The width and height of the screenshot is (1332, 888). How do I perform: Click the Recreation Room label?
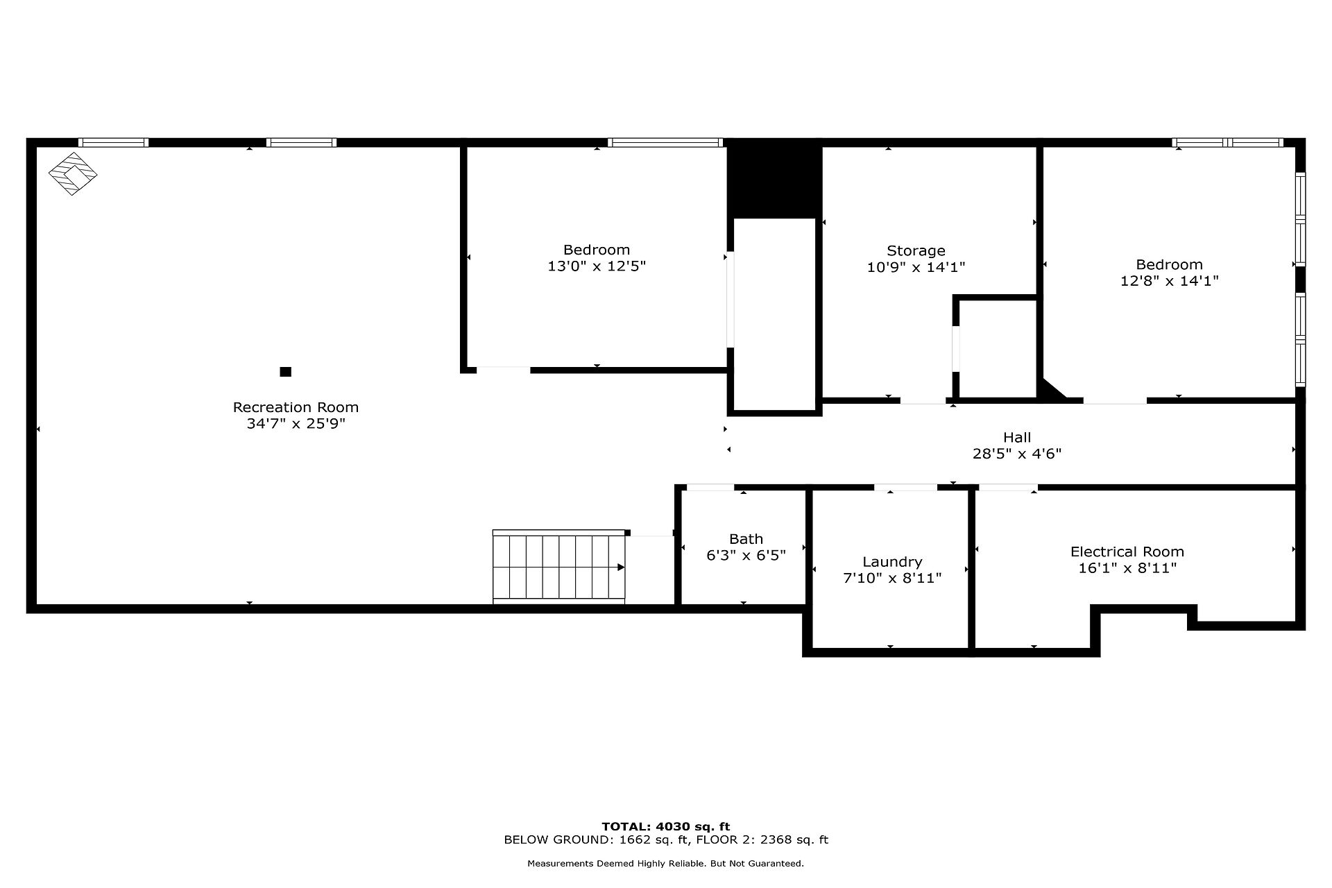(x=296, y=407)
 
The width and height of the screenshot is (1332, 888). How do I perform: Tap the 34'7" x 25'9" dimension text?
(x=296, y=424)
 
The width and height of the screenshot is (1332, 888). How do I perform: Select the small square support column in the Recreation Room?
(x=285, y=372)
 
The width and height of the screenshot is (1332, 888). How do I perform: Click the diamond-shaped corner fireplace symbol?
(x=72, y=173)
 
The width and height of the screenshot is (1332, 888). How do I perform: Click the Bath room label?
(x=746, y=539)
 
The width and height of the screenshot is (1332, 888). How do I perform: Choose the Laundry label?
(x=892, y=562)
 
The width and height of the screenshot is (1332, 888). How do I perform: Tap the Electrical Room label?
(x=1127, y=552)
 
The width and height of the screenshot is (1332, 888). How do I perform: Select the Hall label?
(x=1017, y=437)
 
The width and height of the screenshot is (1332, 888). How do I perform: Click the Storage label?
(x=916, y=250)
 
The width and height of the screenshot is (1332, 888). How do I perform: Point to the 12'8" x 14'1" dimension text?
(x=1170, y=281)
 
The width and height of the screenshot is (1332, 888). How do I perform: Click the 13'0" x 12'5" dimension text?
(x=597, y=266)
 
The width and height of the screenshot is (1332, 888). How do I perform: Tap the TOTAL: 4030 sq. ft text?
(x=666, y=826)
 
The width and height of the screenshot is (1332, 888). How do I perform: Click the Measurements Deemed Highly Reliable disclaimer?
(x=666, y=864)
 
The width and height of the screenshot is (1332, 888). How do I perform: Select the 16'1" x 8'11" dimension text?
(x=1127, y=568)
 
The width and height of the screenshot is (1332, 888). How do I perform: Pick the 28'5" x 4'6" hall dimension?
(x=1017, y=454)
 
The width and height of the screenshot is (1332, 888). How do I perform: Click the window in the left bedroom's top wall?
(x=665, y=142)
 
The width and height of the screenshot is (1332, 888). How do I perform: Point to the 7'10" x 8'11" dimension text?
(x=892, y=578)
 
